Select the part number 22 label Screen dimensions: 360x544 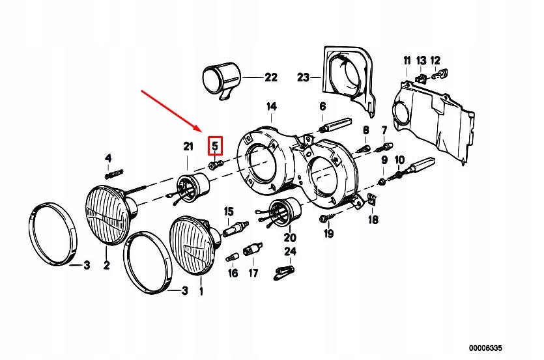(x=270, y=77)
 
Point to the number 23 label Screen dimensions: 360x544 (x=303, y=77)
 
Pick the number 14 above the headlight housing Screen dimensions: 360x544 (x=270, y=106)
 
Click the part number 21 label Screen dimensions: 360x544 (x=188, y=147)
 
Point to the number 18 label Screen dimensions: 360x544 (x=373, y=220)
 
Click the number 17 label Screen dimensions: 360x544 (x=253, y=273)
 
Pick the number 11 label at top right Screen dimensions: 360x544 (x=407, y=61)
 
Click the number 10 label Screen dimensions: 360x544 (x=399, y=159)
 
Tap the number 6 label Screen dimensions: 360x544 (x=322, y=106)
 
